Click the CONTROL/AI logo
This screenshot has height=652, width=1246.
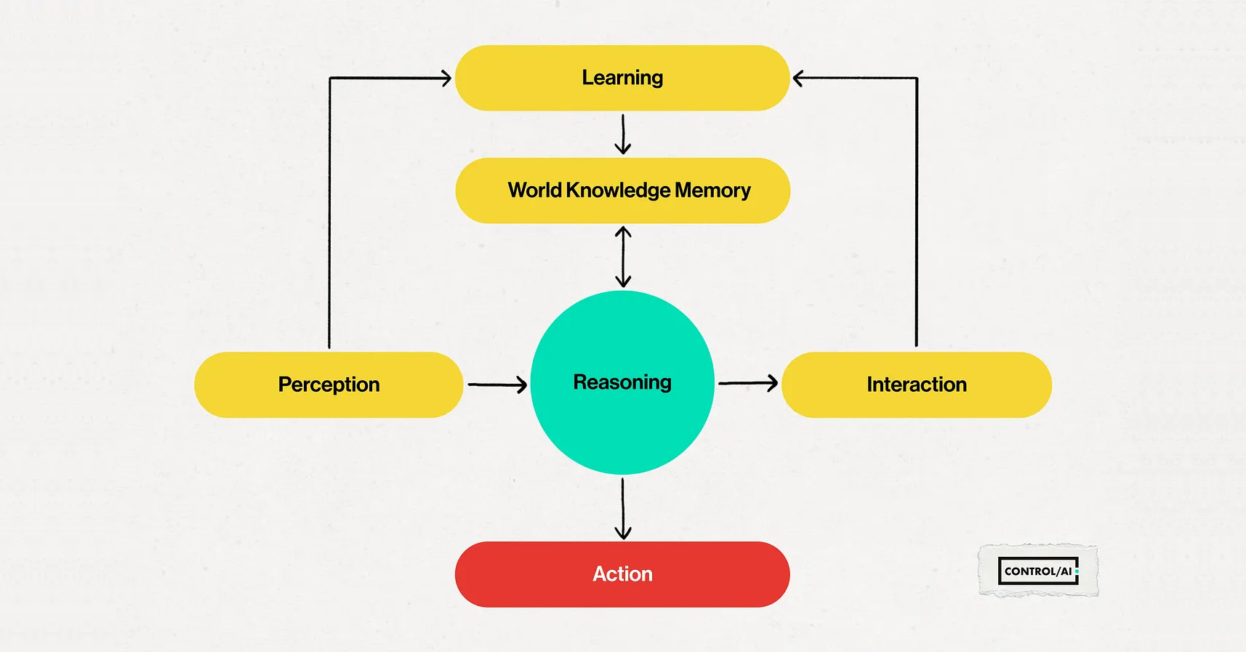click(x=1037, y=571)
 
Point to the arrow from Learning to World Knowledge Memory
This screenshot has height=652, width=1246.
click(x=623, y=134)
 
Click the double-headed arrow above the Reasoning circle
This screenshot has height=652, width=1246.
click(x=623, y=257)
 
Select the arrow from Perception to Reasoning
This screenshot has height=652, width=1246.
click(x=497, y=384)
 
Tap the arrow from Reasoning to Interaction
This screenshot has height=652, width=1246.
click(x=747, y=382)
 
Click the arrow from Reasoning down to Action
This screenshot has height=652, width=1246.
click(x=623, y=508)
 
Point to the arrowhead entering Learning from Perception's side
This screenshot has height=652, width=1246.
click(x=445, y=78)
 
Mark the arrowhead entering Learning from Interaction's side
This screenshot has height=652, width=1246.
click(x=799, y=78)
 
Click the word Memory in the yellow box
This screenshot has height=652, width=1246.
click(x=712, y=190)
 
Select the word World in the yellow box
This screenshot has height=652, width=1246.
click(x=534, y=190)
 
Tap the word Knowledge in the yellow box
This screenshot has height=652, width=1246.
click(x=618, y=190)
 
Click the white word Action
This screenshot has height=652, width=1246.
click(x=622, y=574)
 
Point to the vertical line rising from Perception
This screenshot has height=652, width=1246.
click(x=329, y=218)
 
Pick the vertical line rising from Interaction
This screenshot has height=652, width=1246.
click(x=917, y=218)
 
